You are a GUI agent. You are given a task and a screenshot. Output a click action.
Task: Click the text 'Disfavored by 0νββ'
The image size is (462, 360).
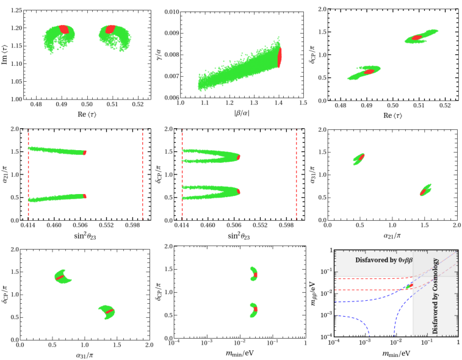(x=384, y=260)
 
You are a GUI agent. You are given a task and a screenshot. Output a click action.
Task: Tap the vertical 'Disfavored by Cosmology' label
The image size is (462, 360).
(x=435, y=296)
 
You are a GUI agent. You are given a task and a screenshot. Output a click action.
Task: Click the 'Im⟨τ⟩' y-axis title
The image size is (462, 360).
(x=5, y=54)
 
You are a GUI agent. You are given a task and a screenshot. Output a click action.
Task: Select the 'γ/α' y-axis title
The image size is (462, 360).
(x=159, y=55)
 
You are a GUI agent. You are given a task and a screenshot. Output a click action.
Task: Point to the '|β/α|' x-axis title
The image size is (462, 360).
(x=242, y=113)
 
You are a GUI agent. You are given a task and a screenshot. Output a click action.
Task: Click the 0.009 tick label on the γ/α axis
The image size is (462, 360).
(x=171, y=33)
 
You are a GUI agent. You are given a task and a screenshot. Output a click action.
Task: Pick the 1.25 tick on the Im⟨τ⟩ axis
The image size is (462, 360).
(x=16, y=10)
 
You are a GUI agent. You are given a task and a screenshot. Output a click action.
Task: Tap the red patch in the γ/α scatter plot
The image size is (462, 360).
(x=280, y=57)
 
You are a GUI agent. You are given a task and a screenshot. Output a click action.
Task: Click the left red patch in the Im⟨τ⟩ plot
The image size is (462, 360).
(x=64, y=29)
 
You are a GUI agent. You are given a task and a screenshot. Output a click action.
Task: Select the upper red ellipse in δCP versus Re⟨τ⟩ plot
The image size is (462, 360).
(x=417, y=38)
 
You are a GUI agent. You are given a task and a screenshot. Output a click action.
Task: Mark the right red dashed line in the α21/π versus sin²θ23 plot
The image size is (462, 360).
(x=143, y=175)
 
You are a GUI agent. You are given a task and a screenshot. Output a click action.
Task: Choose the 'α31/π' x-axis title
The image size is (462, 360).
(x=85, y=355)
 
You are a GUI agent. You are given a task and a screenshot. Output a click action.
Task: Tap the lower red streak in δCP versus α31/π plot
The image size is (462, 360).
(x=110, y=311)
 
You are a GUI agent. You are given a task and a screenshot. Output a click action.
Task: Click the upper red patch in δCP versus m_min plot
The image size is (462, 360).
(x=256, y=275)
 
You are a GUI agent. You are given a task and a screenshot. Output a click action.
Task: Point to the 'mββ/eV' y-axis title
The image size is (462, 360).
(x=314, y=293)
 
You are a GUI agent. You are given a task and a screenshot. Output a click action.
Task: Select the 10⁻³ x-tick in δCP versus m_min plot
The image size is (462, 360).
(x=207, y=343)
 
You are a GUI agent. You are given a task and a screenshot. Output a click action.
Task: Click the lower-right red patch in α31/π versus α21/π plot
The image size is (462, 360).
(x=424, y=192)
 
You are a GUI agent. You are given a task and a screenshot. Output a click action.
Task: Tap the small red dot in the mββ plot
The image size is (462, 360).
(x=411, y=286)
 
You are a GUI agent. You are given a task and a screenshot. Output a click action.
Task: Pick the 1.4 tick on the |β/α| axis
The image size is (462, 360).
(x=278, y=103)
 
